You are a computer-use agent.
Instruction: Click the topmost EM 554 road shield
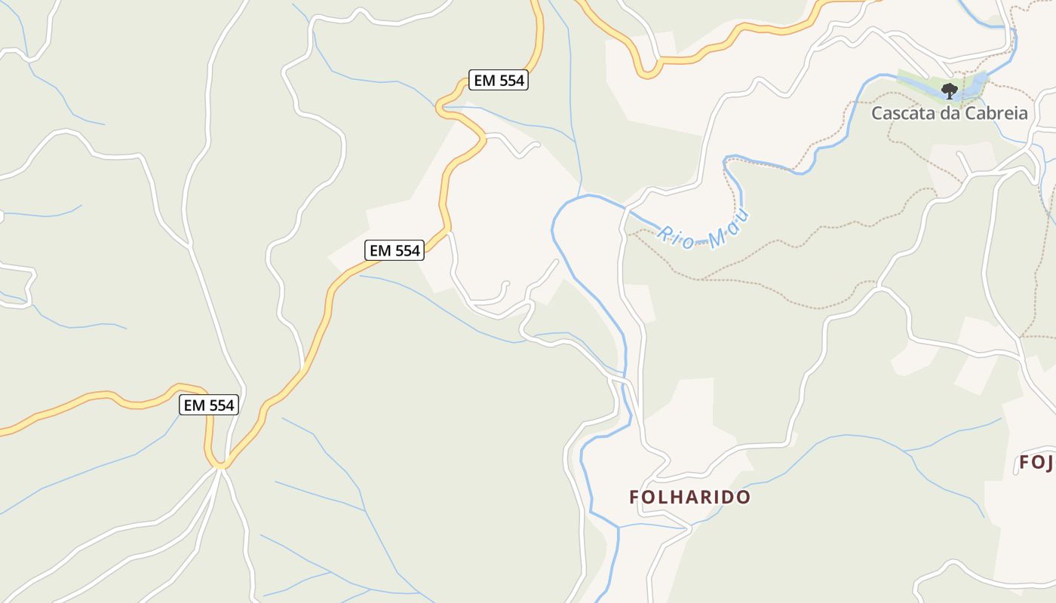499,80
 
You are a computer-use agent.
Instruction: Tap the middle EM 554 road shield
394,250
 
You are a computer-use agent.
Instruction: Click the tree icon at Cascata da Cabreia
949,91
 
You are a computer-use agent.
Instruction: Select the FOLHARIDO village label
690,497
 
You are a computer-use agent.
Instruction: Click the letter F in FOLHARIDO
634,497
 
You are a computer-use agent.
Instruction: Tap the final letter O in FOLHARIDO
744,497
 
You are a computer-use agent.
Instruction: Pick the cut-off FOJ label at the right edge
1038,462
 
